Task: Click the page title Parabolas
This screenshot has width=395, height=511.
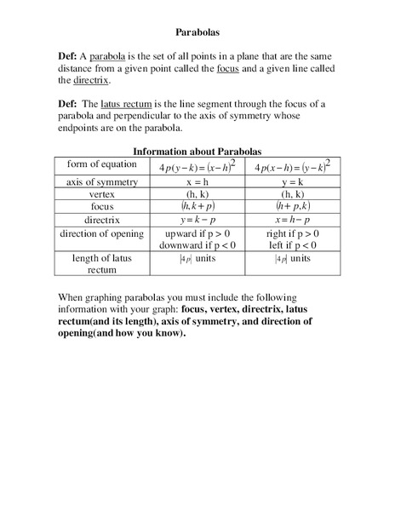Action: point(197,32)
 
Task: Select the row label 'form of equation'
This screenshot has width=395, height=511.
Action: point(102,166)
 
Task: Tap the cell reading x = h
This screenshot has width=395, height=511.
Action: point(197,182)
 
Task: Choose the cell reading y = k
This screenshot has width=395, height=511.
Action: point(292,182)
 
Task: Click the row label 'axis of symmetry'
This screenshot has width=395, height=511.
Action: point(102,182)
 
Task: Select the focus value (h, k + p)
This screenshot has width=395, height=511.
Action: point(197,206)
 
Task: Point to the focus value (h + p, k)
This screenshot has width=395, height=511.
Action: point(292,206)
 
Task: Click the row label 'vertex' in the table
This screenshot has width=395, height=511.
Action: point(102,194)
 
